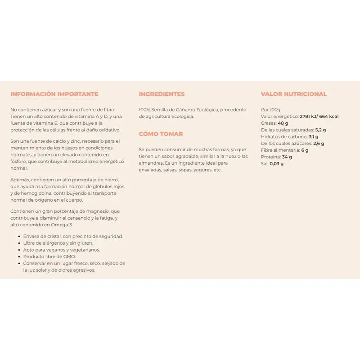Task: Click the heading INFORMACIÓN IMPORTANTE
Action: pos(54,94)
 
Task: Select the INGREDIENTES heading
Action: pos(162,94)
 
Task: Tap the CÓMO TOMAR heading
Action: pos(161,134)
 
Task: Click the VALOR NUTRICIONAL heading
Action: pos(294,94)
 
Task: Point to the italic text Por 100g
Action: pos(270,109)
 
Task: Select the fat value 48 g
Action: pos(283,123)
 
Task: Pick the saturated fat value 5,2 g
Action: pos(321,130)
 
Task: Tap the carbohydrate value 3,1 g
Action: pos(314,137)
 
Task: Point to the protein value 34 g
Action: pos(287,157)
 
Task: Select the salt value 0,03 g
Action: pos(276,164)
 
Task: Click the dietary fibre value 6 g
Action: pos(305,150)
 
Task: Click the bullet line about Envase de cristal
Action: pos(73,236)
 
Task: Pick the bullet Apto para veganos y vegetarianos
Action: pos(62,250)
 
